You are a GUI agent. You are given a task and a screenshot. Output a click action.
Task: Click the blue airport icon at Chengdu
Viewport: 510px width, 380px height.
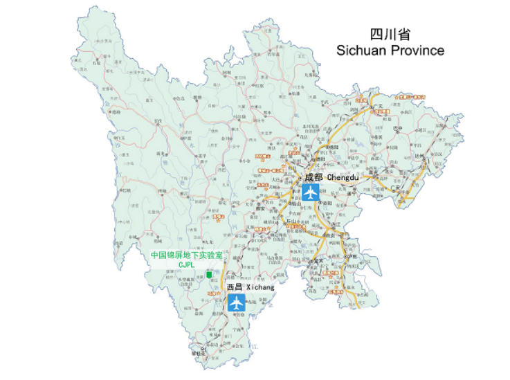311,192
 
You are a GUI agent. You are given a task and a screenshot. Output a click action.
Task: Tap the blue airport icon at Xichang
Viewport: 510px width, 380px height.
237,302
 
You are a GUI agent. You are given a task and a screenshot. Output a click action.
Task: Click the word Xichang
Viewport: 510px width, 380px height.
260,287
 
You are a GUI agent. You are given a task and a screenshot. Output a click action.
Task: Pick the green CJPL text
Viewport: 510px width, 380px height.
187,264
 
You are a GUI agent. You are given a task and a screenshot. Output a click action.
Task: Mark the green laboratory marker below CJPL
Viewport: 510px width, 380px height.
209,275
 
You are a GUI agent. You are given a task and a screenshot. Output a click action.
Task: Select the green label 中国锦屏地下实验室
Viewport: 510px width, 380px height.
187,255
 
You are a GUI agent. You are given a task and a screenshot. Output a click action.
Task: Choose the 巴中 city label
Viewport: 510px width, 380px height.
397,129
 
